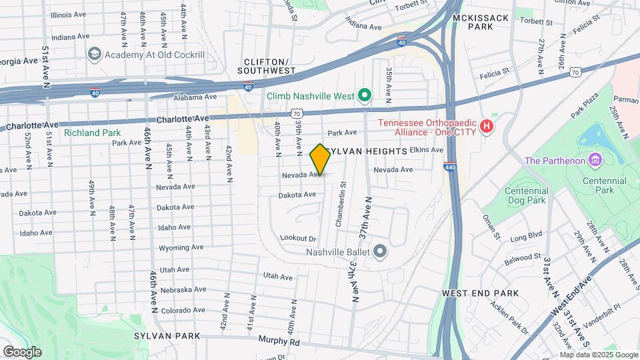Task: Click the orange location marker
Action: point(320,160)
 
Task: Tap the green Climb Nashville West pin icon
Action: point(364,96)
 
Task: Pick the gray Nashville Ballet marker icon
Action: point(380,252)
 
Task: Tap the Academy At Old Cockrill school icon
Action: point(94,53)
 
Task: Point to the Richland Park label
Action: point(92,133)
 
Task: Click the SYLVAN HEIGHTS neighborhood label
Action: point(366,152)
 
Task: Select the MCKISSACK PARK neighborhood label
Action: point(482,22)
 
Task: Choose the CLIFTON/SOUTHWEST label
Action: point(269,65)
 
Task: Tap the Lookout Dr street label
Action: point(297,238)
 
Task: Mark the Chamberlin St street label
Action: point(340,204)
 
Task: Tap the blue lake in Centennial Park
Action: point(591,137)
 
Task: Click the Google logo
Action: point(23,351)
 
